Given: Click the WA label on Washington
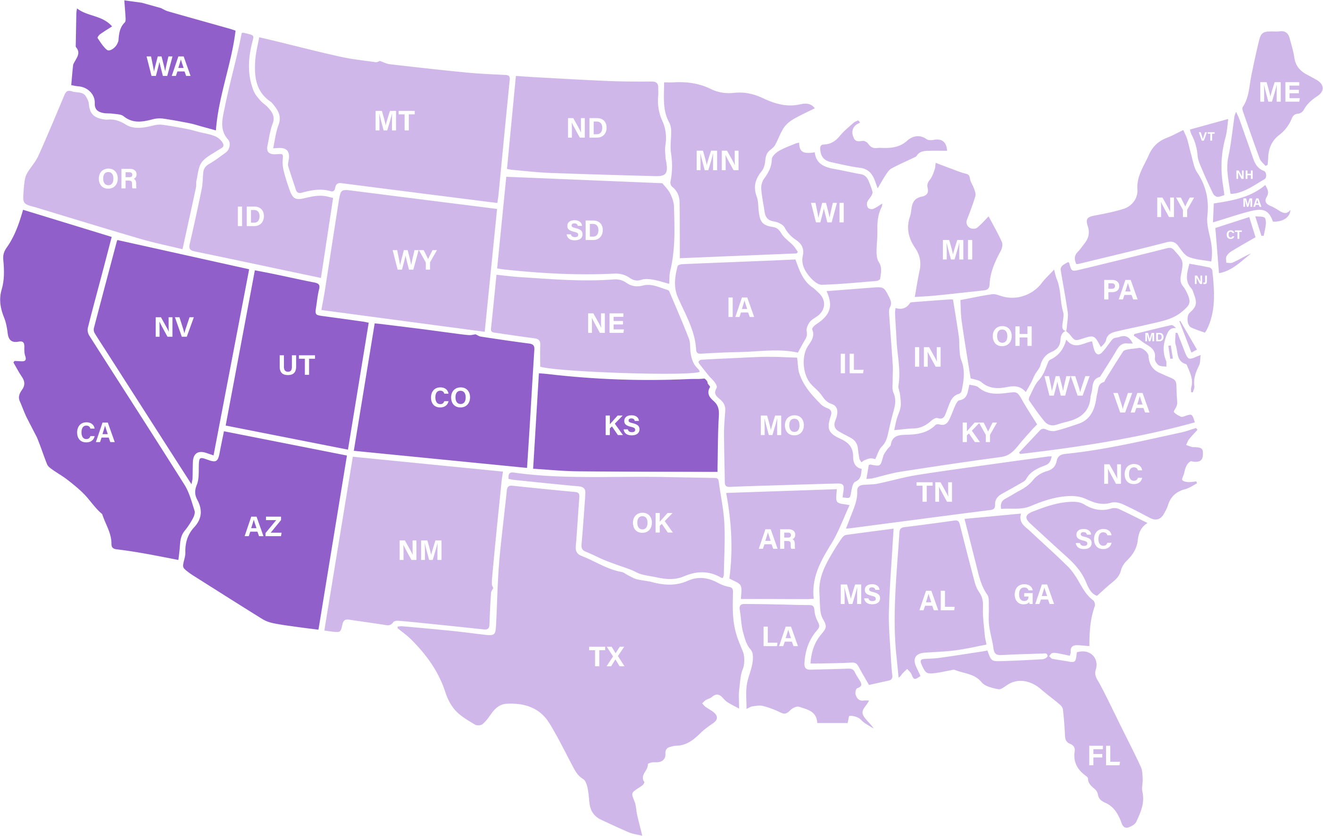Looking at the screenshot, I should coord(168,66).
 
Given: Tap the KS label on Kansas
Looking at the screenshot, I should coord(622,426).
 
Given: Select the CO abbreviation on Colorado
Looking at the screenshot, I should coord(450,397).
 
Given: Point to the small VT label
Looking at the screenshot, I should coord(1207,136).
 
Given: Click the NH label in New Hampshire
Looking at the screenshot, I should coord(1244,174).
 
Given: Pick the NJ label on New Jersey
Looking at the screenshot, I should coord(1201,280).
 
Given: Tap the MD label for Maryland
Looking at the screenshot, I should coord(1154,337).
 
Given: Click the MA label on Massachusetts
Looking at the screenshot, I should coord(1252,203).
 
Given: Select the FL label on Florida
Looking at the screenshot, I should coord(1104,756).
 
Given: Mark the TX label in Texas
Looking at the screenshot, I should coord(607,657).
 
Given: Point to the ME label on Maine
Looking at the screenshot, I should coord(1280,92).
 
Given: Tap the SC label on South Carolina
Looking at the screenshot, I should coord(1093,539).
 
